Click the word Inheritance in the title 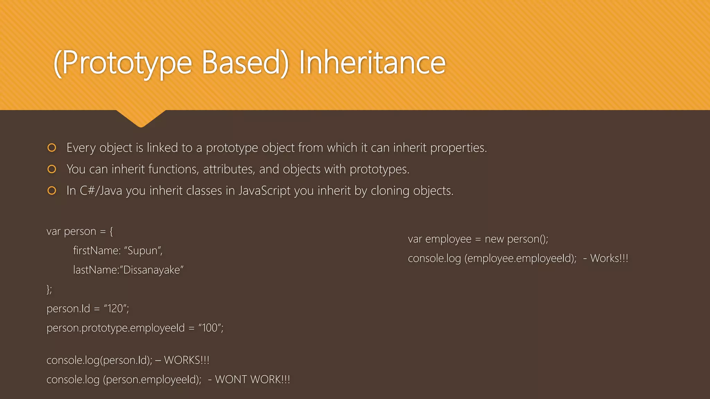(x=372, y=63)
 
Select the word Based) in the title (x=245, y=63)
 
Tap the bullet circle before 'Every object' (x=52, y=148)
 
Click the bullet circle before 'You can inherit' (x=52, y=169)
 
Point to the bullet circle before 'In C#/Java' (x=52, y=191)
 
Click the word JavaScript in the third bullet (x=264, y=191)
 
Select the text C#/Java (x=101, y=191)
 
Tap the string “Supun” (x=143, y=250)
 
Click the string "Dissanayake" (x=153, y=270)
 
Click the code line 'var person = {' (x=80, y=231)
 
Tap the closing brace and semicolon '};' (x=49, y=289)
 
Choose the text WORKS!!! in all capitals (x=187, y=360)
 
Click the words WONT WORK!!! (x=252, y=380)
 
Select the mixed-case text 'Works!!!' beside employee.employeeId (x=609, y=258)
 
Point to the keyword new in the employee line (x=494, y=239)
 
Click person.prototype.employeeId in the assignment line (x=116, y=328)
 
